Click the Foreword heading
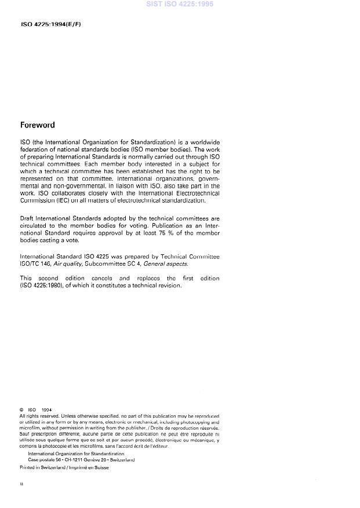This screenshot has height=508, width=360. [x=37, y=125]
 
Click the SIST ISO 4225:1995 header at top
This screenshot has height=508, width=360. [x=180, y=5]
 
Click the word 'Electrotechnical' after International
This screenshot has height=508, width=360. [x=191, y=193]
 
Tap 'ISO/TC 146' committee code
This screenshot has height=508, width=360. [x=35, y=263]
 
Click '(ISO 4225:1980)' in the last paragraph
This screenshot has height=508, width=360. [x=45, y=285]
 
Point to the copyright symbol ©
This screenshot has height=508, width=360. [x=22, y=410]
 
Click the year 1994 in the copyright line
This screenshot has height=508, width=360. [x=47, y=410]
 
